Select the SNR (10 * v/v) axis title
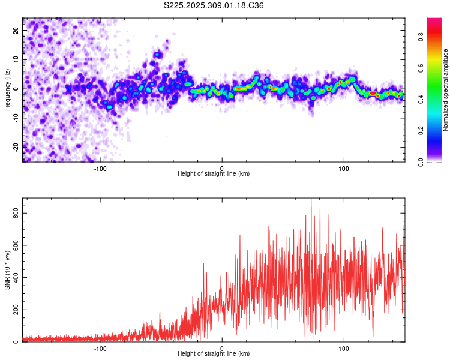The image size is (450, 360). click(7, 270)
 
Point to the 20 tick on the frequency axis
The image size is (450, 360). click(16, 31)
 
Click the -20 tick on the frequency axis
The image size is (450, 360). click(14, 146)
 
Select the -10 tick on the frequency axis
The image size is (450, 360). click(14, 117)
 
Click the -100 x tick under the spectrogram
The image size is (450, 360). click(100, 168)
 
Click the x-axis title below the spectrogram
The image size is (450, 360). click(214, 174)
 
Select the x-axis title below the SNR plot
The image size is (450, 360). click(214, 354)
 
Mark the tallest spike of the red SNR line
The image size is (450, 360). click(311, 200)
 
